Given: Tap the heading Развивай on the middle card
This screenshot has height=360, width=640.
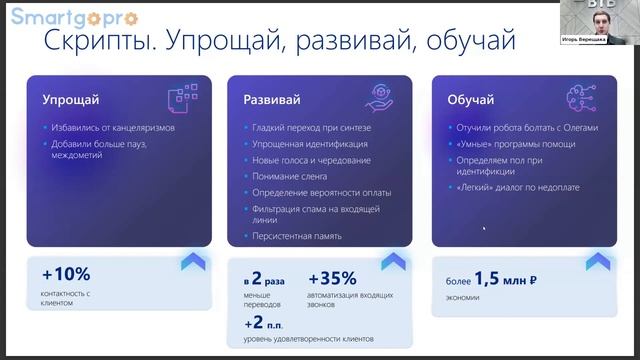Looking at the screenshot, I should click(x=273, y=100).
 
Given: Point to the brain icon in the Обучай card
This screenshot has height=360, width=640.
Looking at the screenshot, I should click(x=584, y=97).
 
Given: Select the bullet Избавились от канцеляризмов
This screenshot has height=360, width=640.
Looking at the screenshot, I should click(x=113, y=127).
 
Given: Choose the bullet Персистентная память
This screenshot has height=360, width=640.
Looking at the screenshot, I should click(x=297, y=236).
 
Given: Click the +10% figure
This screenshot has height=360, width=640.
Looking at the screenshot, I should click(x=66, y=274).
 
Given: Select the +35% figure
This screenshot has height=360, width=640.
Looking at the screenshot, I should click(x=333, y=279).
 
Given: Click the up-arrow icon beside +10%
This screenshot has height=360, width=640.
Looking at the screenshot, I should click(x=193, y=263).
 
